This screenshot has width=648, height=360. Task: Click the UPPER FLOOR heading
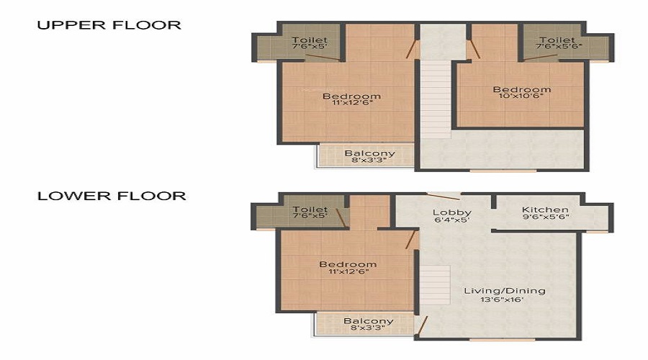coord(109,25)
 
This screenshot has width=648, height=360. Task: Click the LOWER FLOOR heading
coord(112,196)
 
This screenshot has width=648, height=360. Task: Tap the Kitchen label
coord(545,210)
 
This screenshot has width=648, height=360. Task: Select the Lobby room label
coord(452,212)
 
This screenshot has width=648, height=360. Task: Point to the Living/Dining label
coord(505,291)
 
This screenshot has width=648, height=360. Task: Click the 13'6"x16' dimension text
coord(502,300)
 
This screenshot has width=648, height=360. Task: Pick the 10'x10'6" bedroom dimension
coord(521,96)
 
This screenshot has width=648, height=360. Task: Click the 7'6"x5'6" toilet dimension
coord(559,46)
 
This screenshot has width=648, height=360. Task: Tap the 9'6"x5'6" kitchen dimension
coord(546,217)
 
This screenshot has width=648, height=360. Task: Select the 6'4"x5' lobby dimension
coord(451,220)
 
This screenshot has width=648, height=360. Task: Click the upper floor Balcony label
coord(370,153)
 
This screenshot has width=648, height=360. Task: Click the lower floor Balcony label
coord(369,321)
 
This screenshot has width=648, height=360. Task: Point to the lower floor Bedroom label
coord(348,264)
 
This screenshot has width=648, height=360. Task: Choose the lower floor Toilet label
coord(310,210)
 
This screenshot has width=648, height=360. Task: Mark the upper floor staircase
coord(436,99)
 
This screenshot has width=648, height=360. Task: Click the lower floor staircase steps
coord(435,285)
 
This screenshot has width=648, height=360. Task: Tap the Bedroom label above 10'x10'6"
coord(522,89)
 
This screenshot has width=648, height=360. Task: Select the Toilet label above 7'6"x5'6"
coord(557,40)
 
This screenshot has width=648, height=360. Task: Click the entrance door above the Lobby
coord(443,197)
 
